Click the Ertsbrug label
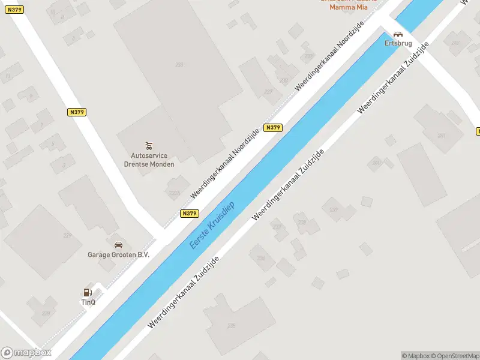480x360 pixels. coord(398,43)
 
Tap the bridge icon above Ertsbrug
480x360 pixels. coord(398,35)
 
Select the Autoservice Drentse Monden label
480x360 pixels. coord(149,160)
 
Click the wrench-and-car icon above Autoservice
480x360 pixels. coord(149,146)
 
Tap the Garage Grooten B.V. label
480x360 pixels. coord(119,254)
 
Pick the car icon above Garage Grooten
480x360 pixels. coord(119,245)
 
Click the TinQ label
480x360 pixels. coord(88,302)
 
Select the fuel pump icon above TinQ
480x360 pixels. coord(88,293)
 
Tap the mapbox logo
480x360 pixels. coord(26,353)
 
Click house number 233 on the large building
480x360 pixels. coord(179,64)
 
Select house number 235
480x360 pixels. coord(231,326)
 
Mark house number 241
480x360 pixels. coord(442,136)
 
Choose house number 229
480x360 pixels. coord(67,235)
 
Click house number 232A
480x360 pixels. coord(175,193)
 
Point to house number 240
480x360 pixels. coord(376,163)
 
